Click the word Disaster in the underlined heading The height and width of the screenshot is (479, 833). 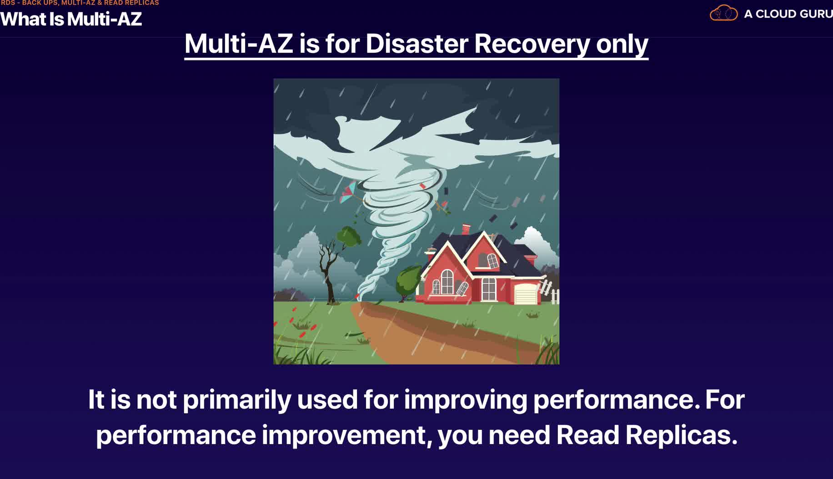tap(416, 44)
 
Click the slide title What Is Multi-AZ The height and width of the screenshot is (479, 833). tap(71, 19)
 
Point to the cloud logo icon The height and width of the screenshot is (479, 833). tap(723, 13)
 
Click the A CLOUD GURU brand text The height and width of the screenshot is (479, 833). tap(788, 14)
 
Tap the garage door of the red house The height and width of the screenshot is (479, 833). tap(526, 294)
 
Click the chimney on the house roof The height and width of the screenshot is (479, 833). tap(466, 229)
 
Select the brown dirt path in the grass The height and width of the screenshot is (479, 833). tap(437, 334)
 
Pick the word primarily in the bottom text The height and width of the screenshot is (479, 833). tap(237, 400)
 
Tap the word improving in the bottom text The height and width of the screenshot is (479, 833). tap(465, 400)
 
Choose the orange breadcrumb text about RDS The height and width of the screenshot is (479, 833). tap(80, 3)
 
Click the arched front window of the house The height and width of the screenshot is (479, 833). tap(447, 282)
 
